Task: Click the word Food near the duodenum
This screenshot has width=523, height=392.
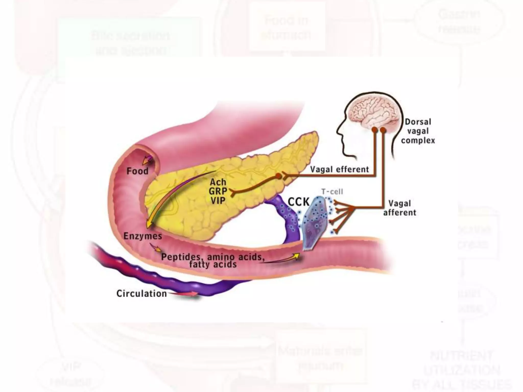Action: click(137, 171)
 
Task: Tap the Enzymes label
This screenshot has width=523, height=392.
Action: click(143, 236)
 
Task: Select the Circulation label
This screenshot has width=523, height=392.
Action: click(141, 293)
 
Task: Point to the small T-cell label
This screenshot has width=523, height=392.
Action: click(332, 192)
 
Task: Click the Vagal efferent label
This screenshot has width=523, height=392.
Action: click(339, 169)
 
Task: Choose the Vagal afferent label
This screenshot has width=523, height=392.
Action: click(400, 208)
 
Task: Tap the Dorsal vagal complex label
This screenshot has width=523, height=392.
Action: click(418, 131)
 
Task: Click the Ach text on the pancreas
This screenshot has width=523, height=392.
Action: click(218, 182)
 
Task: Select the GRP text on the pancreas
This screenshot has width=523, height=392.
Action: click(218, 191)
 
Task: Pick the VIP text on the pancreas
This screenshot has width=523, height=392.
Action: click(218, 201)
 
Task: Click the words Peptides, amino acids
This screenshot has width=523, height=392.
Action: click(212, 256)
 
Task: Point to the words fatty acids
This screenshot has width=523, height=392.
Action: click(213, 264)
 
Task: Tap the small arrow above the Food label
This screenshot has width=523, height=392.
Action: click(147, 160)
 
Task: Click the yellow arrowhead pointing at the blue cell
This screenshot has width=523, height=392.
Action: click(297, 255)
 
